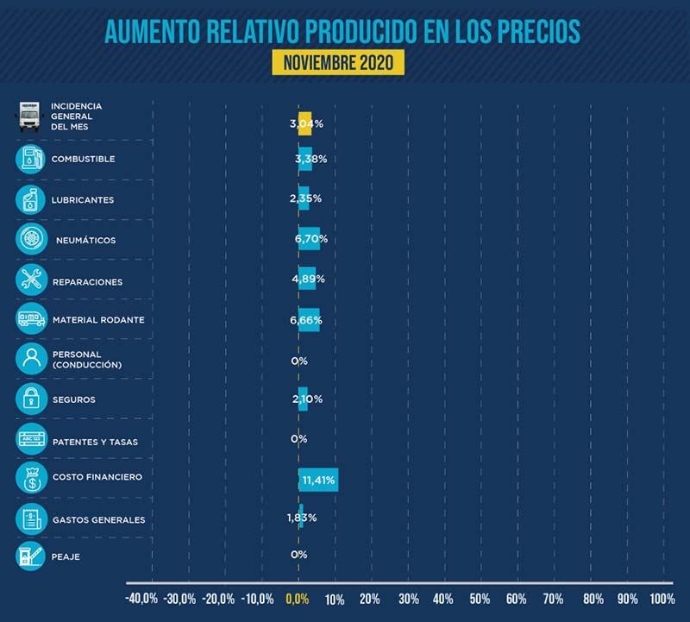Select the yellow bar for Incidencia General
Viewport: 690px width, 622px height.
point(304,123)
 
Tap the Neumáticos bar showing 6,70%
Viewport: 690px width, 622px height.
point(309,239)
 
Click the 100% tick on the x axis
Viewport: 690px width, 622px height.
point(662,598)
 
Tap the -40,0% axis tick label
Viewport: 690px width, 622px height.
point(142,598)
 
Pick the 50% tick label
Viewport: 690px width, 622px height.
point(480,598)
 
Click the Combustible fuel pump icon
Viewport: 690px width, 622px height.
point(31,160)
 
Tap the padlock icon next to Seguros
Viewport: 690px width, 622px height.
point(31,399)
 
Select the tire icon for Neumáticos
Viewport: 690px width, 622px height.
point(31,240)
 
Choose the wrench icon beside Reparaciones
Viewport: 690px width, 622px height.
point(31,280)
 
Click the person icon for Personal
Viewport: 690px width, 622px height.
point(31,360)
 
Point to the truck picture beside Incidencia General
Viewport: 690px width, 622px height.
point(31,116)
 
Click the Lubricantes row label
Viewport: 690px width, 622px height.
point(83,200)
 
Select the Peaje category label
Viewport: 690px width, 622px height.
point(66,556)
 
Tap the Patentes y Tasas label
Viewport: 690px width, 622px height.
point(94,442)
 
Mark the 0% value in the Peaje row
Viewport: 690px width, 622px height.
point(299,555)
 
